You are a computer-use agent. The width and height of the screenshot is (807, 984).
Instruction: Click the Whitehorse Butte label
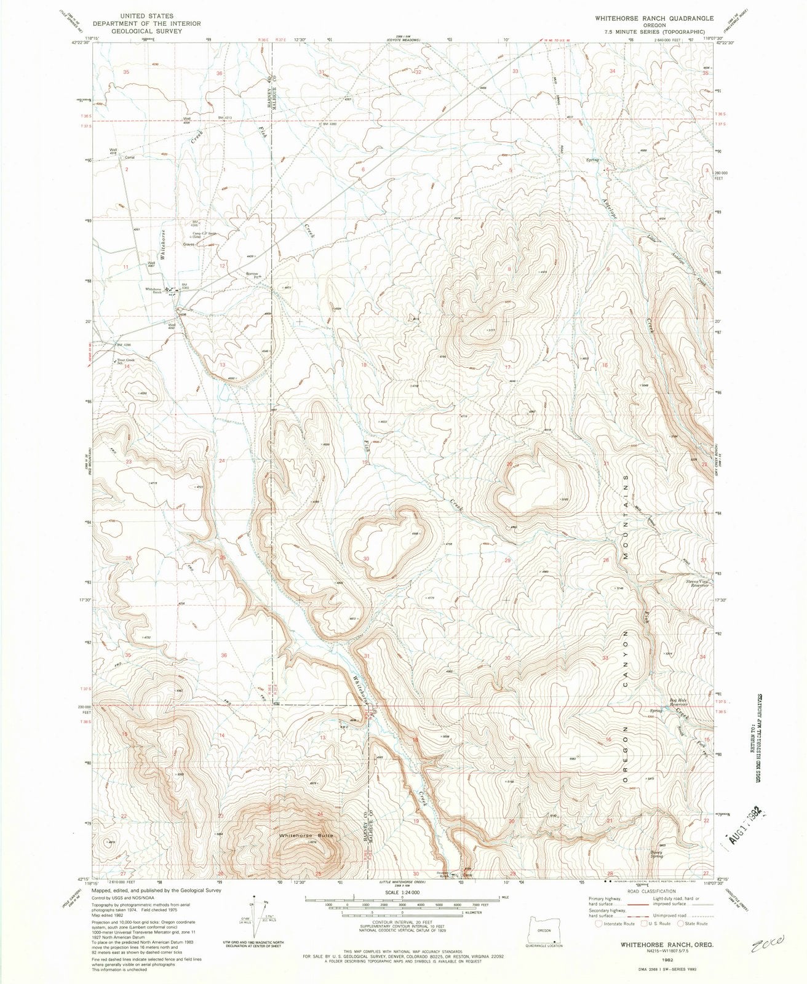[x=306, y=835]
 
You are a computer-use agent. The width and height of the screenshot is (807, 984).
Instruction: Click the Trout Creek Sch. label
[x=125, y=361]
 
